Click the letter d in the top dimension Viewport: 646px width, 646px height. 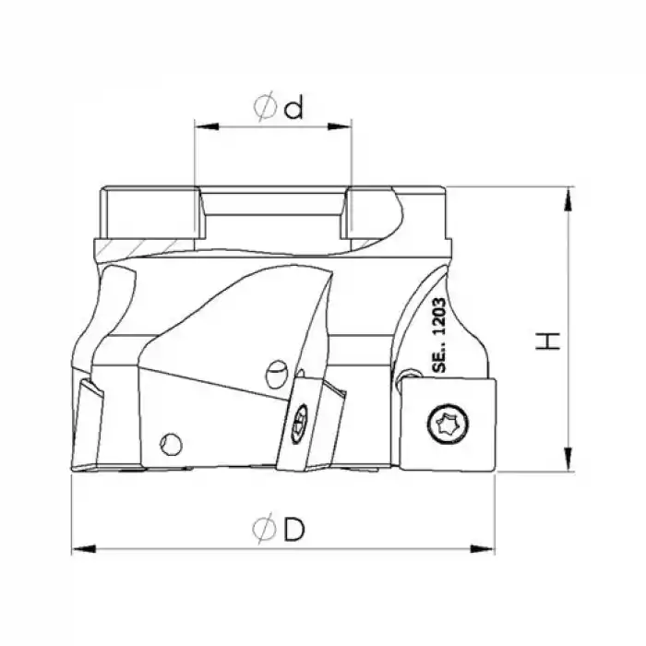click(x=293, y=109)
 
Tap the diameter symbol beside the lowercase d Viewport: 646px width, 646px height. click(x=264, y=109)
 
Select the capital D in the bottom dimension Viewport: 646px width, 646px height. click(x=294, y=530)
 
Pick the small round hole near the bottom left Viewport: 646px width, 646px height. click(x=168, y=444)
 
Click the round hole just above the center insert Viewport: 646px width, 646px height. click(x=274, y=374)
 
